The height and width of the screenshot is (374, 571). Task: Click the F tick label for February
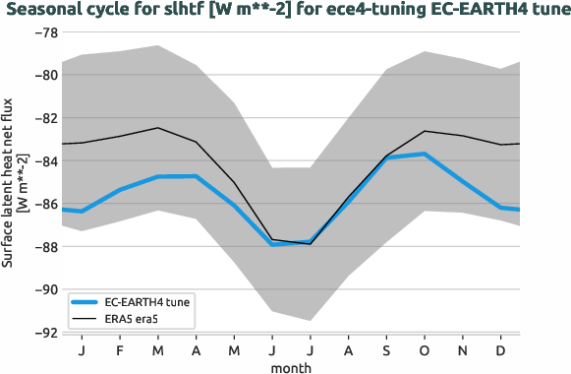tap(120, 350)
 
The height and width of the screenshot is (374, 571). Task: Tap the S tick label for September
tap(386, 350)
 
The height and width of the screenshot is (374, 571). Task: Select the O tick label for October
tap(425, 350)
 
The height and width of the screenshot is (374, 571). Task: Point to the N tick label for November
tap(463, 350)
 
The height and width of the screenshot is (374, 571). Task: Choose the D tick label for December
tap(500, 350)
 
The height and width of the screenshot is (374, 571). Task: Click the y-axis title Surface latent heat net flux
tap(10, 183)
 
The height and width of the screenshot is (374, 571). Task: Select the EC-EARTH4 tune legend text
tap(146, 302)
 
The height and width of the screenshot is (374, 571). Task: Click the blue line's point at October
tap(425, 154)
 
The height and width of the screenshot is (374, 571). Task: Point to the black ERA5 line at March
tap(158, 128)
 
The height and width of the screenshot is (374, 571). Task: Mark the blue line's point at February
tap(120, 189)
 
